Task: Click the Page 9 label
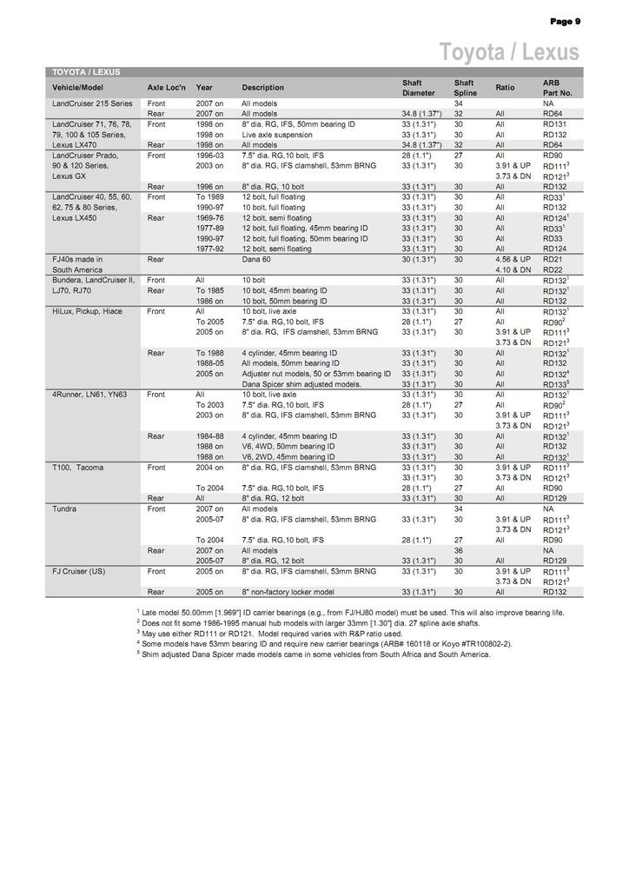pyautogui.click(x=565, y=22)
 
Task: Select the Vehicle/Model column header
pyautogui.click(x=77, y=88)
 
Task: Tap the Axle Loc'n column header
pyautogui.click(x=167, y=88)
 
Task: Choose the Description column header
pyautogui.click(x=262, y=88)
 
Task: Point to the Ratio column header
pyautogui.click(x=505, y=88)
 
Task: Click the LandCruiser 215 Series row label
pyautogui.click(x=92, y=103)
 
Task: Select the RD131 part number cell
pyautogui.click(x=554, y=124)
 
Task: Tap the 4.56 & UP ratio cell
pyautogui.click(x=513, y=259)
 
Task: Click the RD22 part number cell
pyautogui.click(x=553, y=269)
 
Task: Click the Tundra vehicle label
pyautogui.click(x=64, y=508)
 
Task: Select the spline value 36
pyautogui.click(x=458, y=550)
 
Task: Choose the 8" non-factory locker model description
pyautogui.click(x=288, y=592)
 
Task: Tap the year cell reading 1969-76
pyautogui.click(x=210, y=217)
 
